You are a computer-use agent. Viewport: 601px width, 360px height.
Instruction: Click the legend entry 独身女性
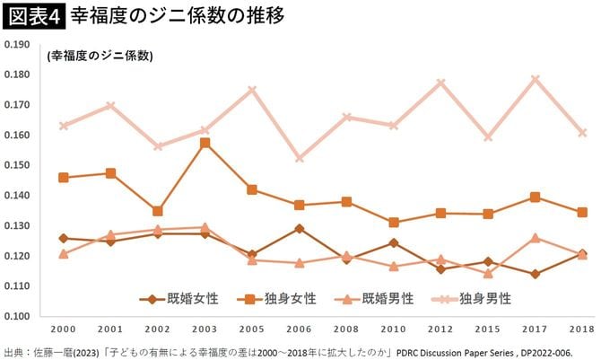point(271,299)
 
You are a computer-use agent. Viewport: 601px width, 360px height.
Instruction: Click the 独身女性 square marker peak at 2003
point(205,143)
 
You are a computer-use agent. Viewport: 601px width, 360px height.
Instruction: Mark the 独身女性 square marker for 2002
point(158,211)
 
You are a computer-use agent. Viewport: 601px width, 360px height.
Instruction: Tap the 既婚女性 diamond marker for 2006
point(299,229)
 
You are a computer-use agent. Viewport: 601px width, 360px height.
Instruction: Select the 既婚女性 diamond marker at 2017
point(535,274)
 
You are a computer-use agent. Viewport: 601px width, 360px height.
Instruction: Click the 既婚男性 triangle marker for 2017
point(535,238)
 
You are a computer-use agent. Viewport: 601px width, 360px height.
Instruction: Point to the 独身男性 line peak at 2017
point(535,79)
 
